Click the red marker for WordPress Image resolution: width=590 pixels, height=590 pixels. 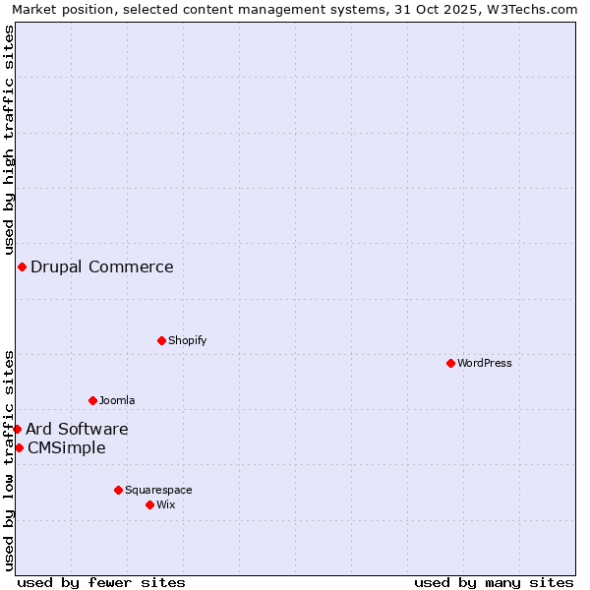coord(450,363)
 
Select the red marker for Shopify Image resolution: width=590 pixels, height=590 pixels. coord(161,340)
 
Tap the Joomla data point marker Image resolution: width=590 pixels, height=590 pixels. coord(92,400)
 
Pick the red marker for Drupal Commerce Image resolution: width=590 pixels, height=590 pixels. coord(22,266)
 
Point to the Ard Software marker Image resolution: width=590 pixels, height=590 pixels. coord(17,429)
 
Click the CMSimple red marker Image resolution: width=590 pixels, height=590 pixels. coord(19,447)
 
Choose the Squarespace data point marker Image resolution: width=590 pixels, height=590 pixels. coord(118,490)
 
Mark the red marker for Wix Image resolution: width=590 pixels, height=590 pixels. coord(149,504)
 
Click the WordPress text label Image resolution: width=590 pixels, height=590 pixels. coord(485,363)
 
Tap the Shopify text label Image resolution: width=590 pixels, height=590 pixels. coord(187,340)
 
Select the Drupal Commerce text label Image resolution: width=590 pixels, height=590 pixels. coord(102,266)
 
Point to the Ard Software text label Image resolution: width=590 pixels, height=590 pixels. coord(77,429)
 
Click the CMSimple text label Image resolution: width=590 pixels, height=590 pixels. coord(67,447)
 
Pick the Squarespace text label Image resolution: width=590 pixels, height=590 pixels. coord(158,490)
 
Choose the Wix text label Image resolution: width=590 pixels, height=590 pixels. coord(166,504)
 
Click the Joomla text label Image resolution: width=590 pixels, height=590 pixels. coord(117,400)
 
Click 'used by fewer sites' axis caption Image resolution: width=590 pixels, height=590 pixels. coord(101,582)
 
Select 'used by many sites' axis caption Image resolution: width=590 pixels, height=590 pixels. coord(494,582)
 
